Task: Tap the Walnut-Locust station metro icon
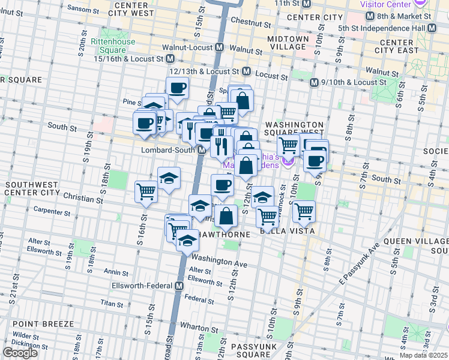220,47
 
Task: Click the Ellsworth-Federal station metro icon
179,287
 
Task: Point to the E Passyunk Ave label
360,265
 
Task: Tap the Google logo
20,353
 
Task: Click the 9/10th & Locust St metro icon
313,82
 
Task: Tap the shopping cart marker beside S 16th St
146,191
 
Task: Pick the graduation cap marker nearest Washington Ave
187,241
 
